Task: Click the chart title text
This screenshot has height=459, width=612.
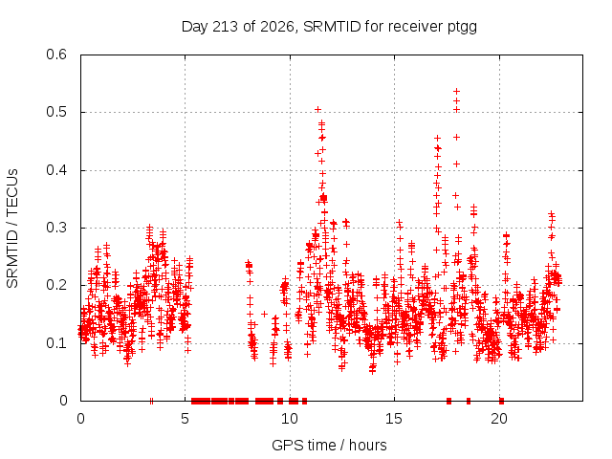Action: tap(329, 27)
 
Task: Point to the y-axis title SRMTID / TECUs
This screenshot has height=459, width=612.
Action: tap(12, 229)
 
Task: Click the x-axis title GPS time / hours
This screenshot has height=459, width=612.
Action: tap(329, 445)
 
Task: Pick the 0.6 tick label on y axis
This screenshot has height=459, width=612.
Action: tap(56, 55)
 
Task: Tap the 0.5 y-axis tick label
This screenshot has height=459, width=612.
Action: tap(56, 112)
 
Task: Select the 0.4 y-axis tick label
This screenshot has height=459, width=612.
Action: tap(56, 170)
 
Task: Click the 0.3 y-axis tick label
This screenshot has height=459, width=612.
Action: tap(56, 228)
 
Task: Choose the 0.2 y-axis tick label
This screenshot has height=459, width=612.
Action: tap(56, 285)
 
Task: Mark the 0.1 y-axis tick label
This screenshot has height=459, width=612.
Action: tap(56, 343)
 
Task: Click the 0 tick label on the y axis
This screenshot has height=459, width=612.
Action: tap(64, 401)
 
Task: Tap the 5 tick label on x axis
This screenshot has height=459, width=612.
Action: tap(185, 419)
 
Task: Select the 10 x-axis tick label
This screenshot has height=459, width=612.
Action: tap(290, 419)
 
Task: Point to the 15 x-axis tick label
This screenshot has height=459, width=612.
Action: tap(394, 419)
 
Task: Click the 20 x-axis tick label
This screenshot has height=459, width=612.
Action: tap(499, 419)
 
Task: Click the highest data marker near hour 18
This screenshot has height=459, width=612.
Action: tap(456, 92)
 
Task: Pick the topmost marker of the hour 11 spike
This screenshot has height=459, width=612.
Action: tap(318, 109)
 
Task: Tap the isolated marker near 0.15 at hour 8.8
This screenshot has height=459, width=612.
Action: tap(264, 314)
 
